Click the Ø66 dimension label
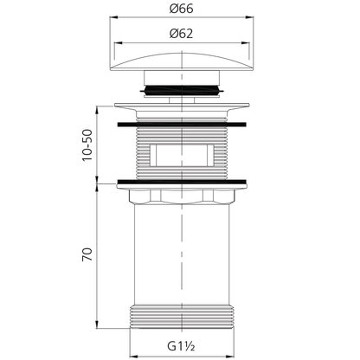pyautogui.click(x=181, y=9)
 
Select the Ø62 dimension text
pyautogui.click(x=181, y=34)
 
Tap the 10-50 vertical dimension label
pyautogui.click(x=87, y=145)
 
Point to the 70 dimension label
pyautogui.click(x=87, y=254)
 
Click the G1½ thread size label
pyautogui.click(x=181, y=346)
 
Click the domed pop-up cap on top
pyautogui.click(x=182, y=61)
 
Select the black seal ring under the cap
pyautogui.click(x=182, y=89)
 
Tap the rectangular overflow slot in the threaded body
pyautogui.click(x=182, y=156)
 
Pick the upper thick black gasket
pyautogui.click(x=182, y=125)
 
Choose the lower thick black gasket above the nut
pyautogui.click(x=182, y=182)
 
